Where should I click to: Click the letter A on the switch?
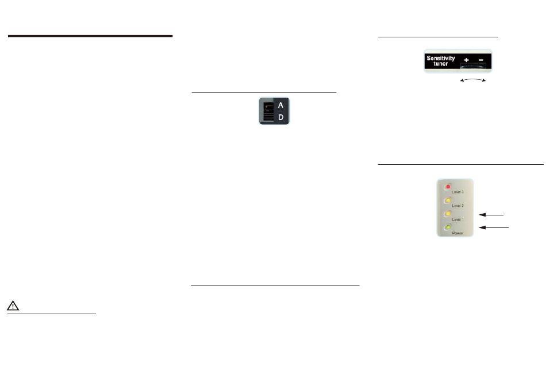pos(280,105)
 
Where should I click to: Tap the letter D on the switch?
pos(280,117)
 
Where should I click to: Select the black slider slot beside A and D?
pos(267,111)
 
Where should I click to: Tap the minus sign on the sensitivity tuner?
pos(480,59)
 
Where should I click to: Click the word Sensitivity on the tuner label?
pos(440,59)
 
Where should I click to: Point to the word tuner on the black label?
pos(440,64)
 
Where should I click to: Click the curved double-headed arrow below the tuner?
pos(474,81)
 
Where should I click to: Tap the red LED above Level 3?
pos(448,187)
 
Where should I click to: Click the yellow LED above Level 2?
pos(448,200)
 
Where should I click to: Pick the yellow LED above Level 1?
pos(448,214)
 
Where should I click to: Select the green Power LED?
pos(448,227)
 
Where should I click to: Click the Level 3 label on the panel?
pos(458,191)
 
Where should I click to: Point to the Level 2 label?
pos(458,205)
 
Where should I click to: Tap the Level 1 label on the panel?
pos(458,219)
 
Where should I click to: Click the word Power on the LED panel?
pos(458,234)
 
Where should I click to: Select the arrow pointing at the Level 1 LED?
pos(491,214)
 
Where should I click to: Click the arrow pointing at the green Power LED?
pos(494,228)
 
